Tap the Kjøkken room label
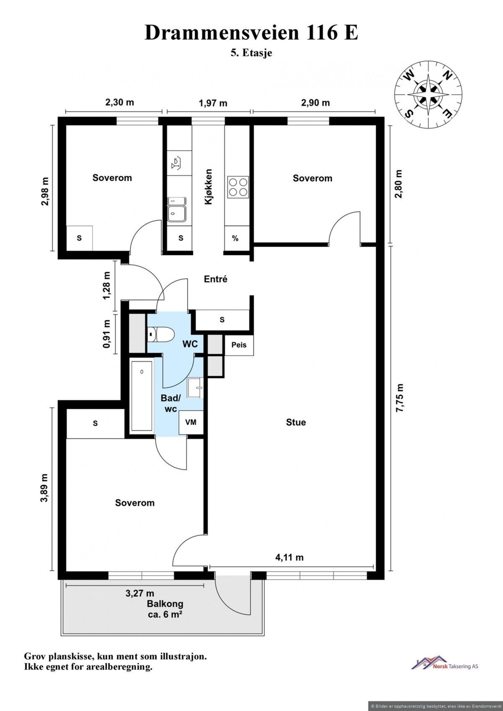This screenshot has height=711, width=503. [x=209, y=186]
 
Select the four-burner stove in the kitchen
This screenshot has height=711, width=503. [x=238, y=187]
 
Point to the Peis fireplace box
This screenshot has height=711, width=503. [x=239, y=345]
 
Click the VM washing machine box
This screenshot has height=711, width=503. [x=191, y=422]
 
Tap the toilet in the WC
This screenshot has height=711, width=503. [x=160, y=335]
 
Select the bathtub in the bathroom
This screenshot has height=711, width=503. [x=141, y=395]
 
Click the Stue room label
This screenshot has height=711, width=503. [x=296, y=422]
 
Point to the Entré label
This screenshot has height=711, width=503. [x=216, y=279]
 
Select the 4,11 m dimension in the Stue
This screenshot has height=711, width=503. [x=289, y=557]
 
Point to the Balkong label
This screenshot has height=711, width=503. [x=165, y=604]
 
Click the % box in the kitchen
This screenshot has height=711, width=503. [x=235, y=238]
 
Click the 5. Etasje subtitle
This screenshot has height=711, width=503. [x=251, y=53]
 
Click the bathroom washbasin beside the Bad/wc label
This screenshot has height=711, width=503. [x=195, y=387]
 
